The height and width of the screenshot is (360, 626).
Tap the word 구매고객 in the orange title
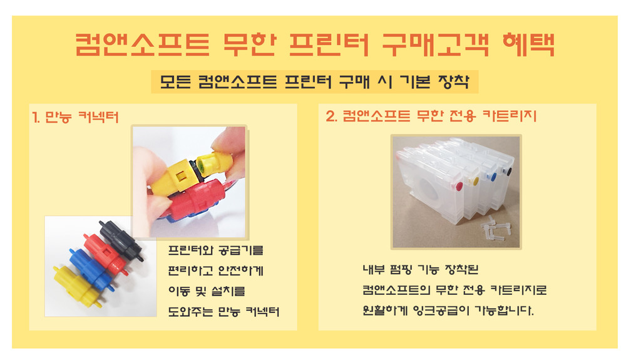(436, 44)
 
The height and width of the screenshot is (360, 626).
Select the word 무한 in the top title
(249, 44)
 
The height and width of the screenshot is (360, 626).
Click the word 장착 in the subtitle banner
(453, 82)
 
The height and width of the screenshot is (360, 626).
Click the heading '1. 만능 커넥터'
(76, 117)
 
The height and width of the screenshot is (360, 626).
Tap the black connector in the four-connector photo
(121, 240)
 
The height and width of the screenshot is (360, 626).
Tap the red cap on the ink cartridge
(459, 186)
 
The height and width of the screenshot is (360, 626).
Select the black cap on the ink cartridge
(508, 172)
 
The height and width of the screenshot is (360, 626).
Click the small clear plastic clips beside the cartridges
(495, 229)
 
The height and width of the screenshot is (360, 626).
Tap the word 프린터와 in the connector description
(188, 250)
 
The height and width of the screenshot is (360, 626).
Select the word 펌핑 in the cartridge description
(401, 269)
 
